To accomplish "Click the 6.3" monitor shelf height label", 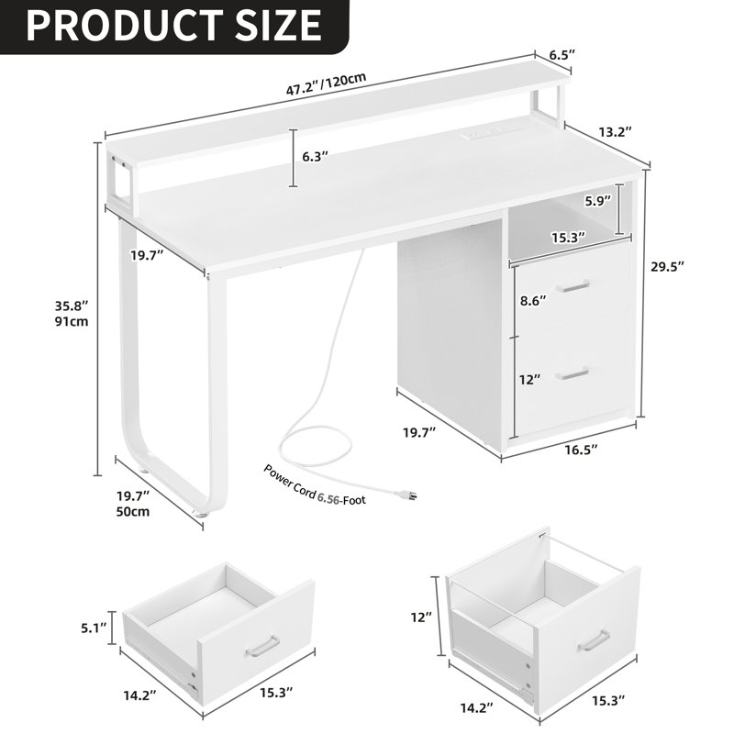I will pos(317,157).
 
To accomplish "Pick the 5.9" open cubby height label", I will pos(601,202).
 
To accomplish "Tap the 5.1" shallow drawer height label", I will pos(92,628).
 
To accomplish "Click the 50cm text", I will pos(132,512).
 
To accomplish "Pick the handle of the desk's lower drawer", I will pos(572,373).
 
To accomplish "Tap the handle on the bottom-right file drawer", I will pos(594,639).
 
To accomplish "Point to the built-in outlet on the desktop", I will pos(485,136).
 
